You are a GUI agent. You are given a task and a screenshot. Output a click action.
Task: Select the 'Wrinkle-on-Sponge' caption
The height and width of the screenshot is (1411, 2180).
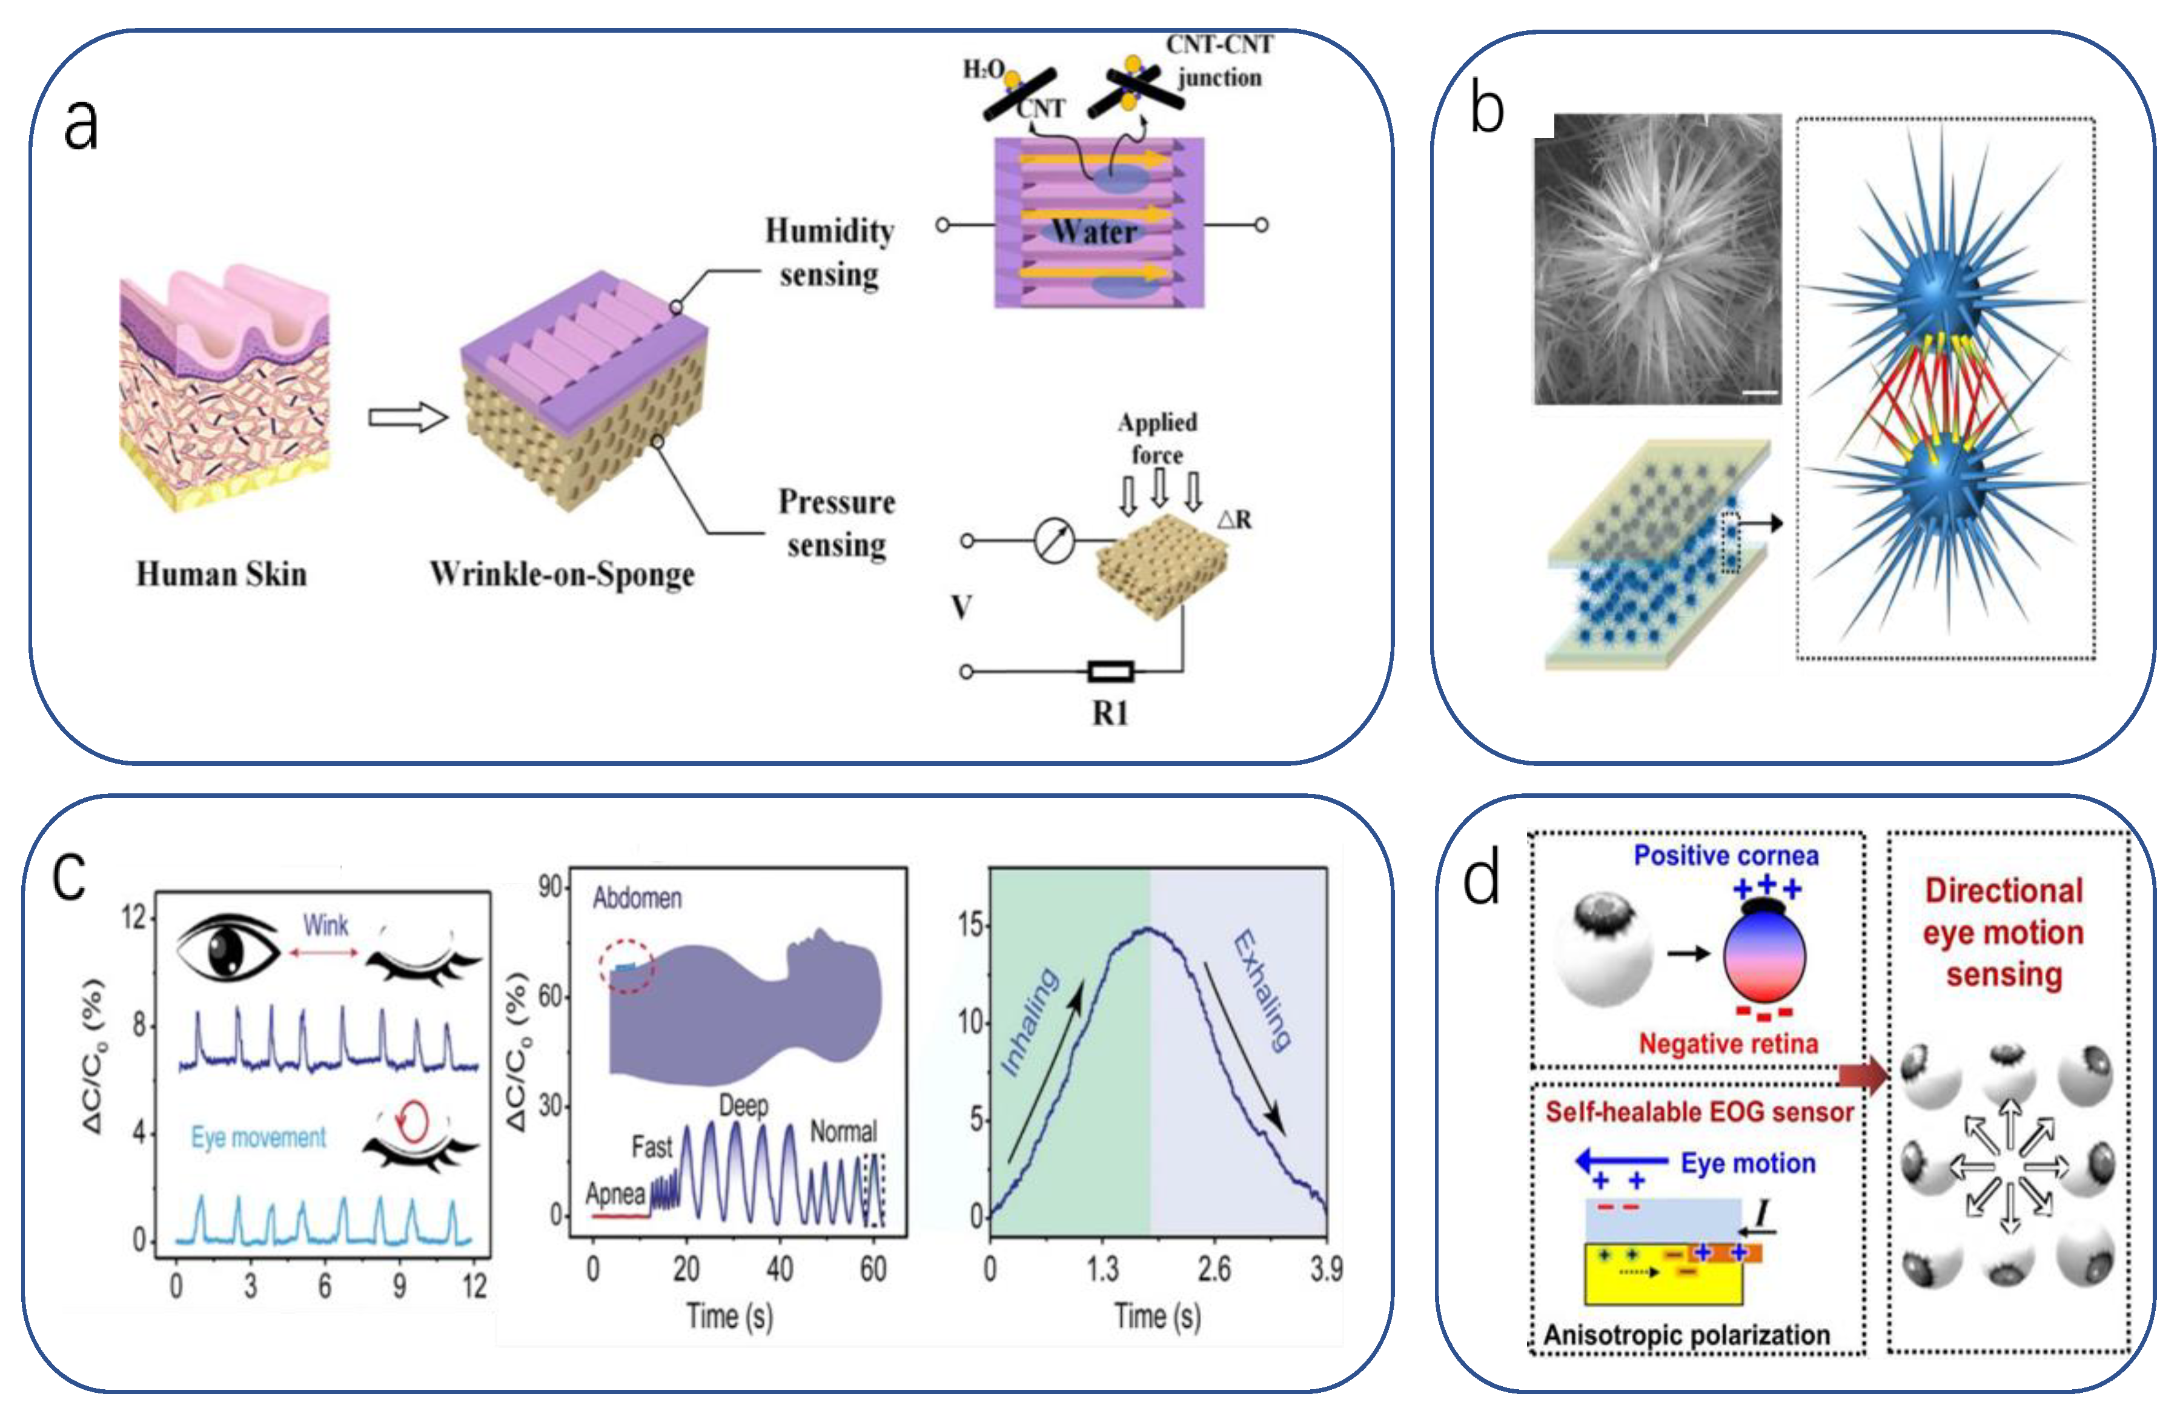pos(562,574)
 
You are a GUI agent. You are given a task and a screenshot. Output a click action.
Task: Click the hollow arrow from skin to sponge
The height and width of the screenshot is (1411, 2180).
pos(406,417)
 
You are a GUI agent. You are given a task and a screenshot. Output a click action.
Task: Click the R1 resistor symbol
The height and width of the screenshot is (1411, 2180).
pos(1110,672)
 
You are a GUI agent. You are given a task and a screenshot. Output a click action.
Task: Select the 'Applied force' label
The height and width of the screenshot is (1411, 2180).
pos(1157,438)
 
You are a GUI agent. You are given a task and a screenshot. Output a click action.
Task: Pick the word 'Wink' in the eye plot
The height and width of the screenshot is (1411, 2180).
pos(325,926)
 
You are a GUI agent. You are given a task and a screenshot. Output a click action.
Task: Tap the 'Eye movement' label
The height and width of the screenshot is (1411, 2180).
pos(258,1137)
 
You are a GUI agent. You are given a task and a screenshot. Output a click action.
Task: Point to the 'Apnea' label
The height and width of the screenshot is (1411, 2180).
pos(615,1194)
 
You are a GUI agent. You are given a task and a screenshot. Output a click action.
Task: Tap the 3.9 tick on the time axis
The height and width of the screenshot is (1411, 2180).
pos(1325,1269)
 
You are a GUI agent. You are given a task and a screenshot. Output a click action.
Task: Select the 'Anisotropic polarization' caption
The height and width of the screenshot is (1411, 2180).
pos(1686,1335)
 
